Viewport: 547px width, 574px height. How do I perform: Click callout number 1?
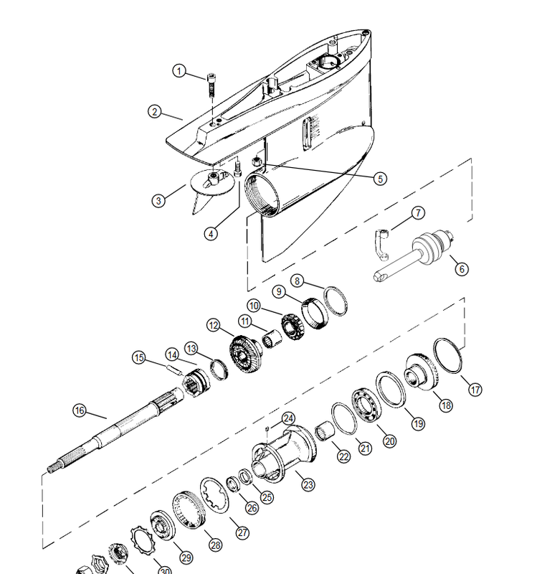click(x=179, y=71)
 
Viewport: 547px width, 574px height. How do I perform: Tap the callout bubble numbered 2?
click(x=154, y=111)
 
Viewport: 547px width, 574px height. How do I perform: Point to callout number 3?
click(x=158, y=201)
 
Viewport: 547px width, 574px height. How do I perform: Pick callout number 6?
click(x=461, y=269)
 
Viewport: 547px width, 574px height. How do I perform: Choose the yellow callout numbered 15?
click(x=138, y=357)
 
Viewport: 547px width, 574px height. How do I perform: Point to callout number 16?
click(x=80, y=410)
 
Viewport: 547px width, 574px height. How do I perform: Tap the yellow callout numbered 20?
click(x=390, y=441)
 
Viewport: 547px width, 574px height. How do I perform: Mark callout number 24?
click(x=287, y=418)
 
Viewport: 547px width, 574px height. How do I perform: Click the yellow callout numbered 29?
click(x=186, y=557)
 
